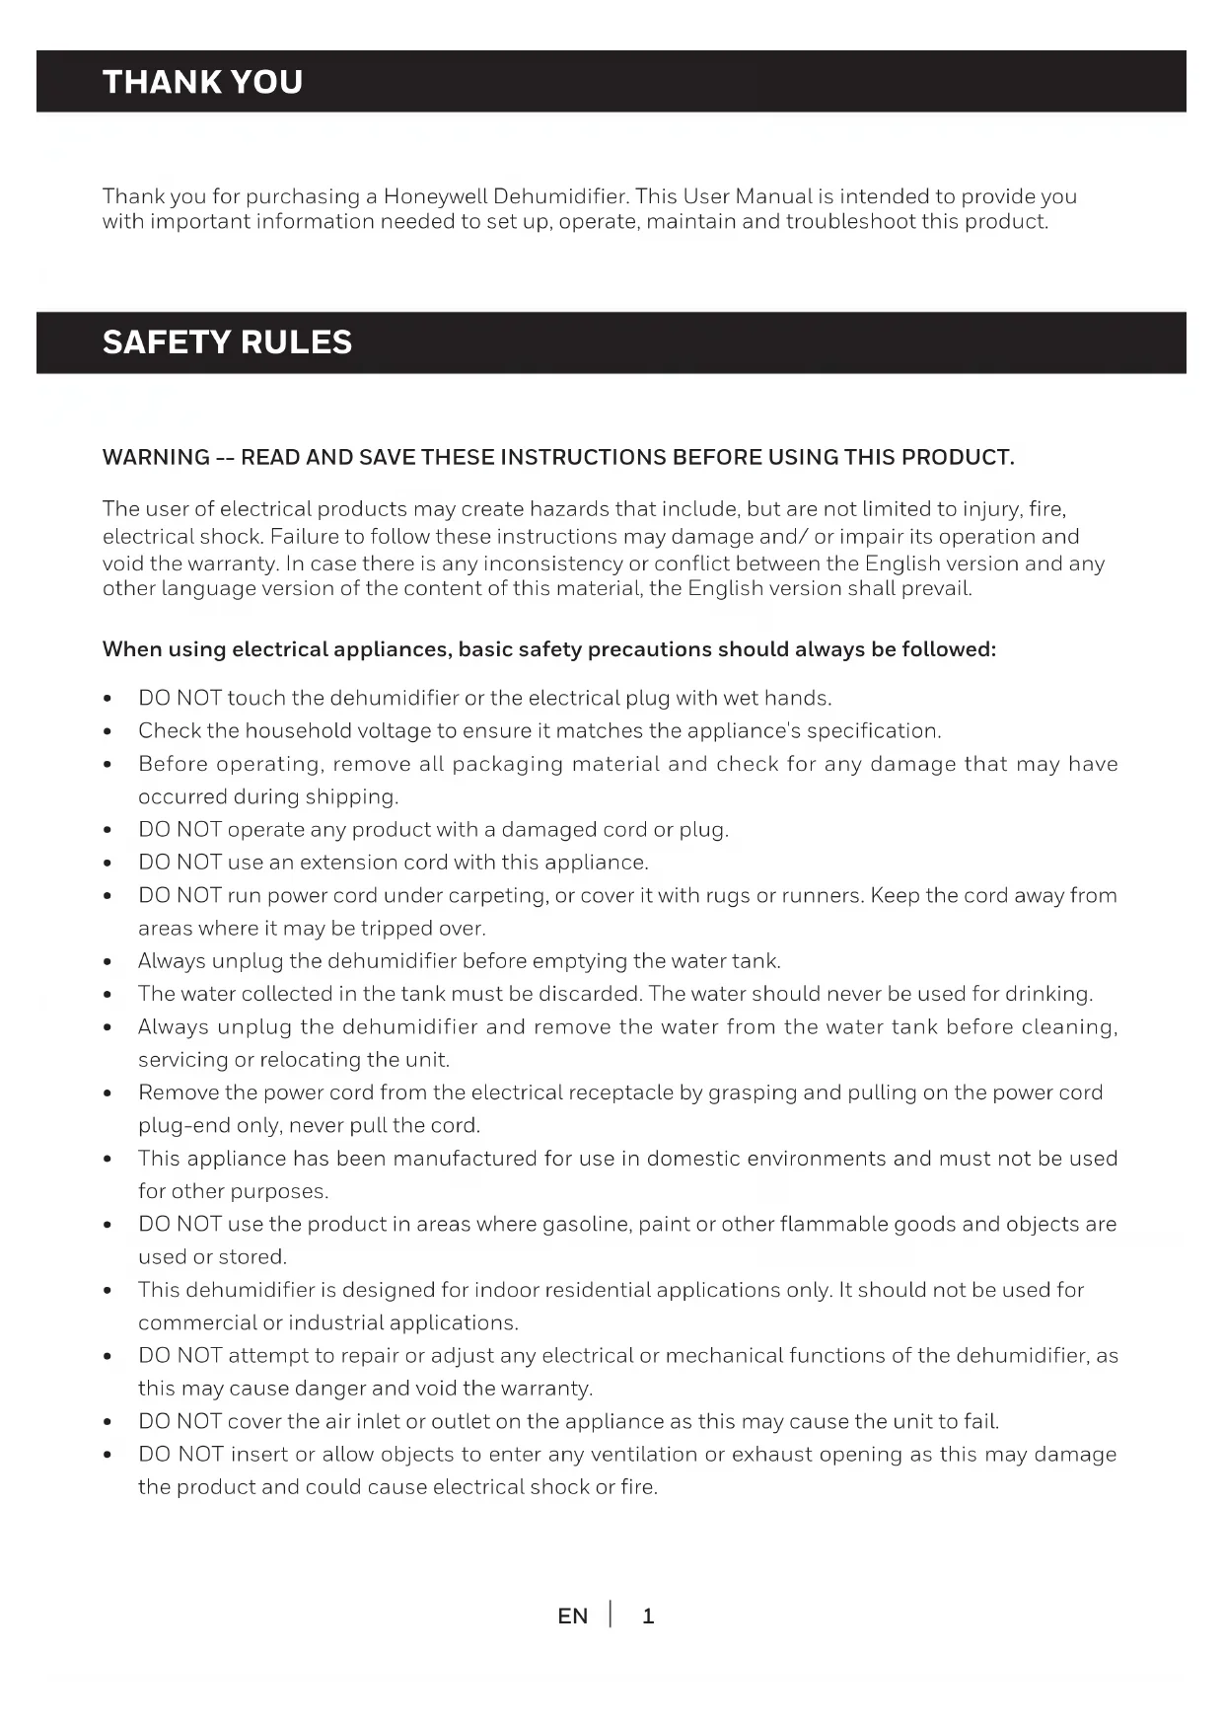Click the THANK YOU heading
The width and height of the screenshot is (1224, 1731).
tap(202, 82)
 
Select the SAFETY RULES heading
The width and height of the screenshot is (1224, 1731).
tap(227, 342)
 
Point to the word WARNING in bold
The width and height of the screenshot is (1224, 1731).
tap(156, 458)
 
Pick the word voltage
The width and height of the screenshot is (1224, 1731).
tap(392, 731)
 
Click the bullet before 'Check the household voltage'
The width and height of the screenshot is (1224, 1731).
tap(108, 732)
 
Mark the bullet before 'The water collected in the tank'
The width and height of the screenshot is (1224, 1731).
tap(108, 995)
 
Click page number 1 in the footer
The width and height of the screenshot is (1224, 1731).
tap(648, 1617)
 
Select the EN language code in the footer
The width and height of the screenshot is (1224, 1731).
tap(572, 1617)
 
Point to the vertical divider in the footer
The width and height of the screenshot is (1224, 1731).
tap(611, 1615)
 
